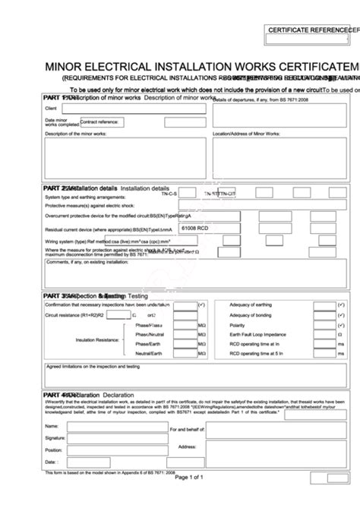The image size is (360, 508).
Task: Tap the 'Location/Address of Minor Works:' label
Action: pyautogui.click(x=247, y=134)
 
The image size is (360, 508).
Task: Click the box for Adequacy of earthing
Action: pyautogui.click(x=328, y=304)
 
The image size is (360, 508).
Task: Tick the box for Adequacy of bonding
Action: pyautogui.click(x=328, y=314)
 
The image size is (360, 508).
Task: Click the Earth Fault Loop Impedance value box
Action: pyautogui.click(x=328, y=334)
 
